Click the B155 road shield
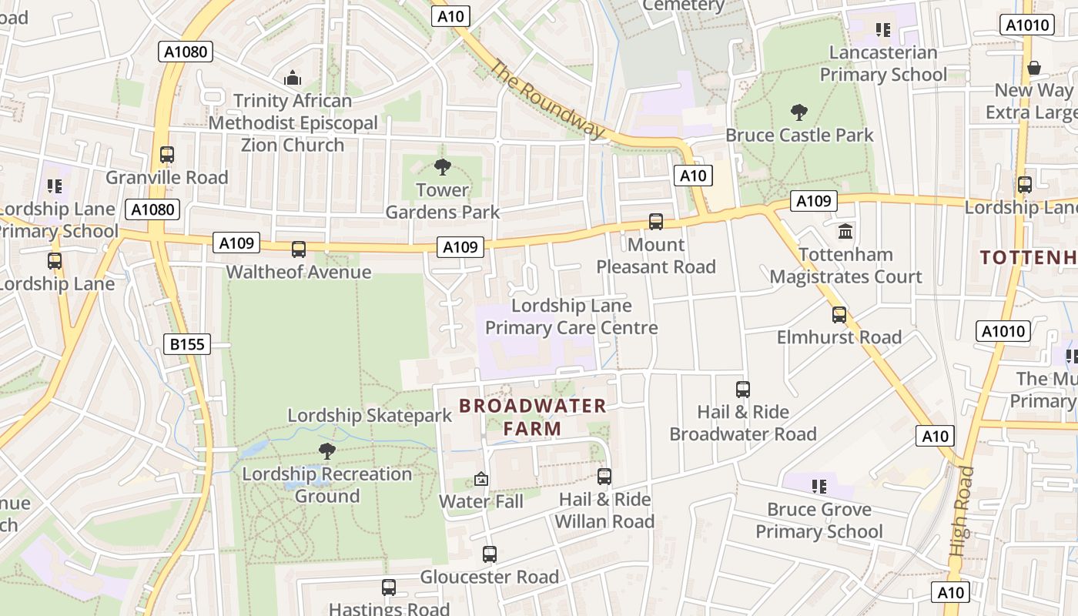click(187, 343)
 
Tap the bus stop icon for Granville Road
click(167, 154)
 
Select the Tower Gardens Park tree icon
click(442, 166)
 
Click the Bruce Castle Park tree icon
click(799, 112)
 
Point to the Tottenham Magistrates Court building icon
click(845, 231)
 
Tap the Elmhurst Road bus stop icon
click(839, 314)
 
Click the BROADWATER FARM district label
click(533, 417)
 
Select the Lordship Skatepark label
click(370, 416)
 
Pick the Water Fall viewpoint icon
click(481, 479)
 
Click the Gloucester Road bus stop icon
click(490, 554)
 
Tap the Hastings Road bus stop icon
click(389, 588)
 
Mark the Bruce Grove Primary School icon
click(819, 486)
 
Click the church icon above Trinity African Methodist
click(292, 78)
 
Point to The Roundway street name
click(547, 99)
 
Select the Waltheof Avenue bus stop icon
click(298, 249)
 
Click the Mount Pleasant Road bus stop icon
click(656, 222)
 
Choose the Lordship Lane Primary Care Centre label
click(571, 316)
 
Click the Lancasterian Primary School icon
click(883, 30)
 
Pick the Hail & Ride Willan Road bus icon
click(604, 476)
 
